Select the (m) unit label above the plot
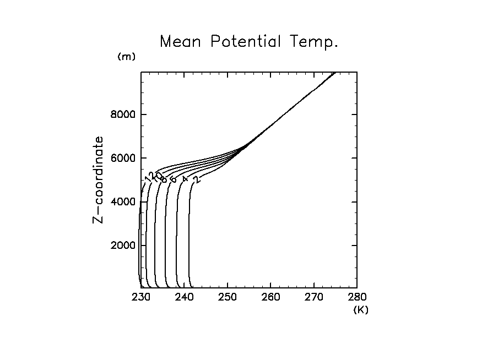click(126, 57)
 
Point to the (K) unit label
click(361, 310)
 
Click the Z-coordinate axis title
click(99, 179)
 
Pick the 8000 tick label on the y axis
click(121, 115)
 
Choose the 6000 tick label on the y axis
click(121, 159)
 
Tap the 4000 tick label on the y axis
click(121, 202)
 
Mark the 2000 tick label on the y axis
click(121, 246)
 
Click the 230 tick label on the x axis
click(141, 298)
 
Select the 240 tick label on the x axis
click(184, 298)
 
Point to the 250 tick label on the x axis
click(228, 298)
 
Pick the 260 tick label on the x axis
click(270, 298)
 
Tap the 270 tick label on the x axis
click(313, 298)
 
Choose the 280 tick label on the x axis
click(357, 298)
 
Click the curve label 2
click(196, 179)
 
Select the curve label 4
click(185, 179)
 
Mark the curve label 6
click(173, 179)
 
